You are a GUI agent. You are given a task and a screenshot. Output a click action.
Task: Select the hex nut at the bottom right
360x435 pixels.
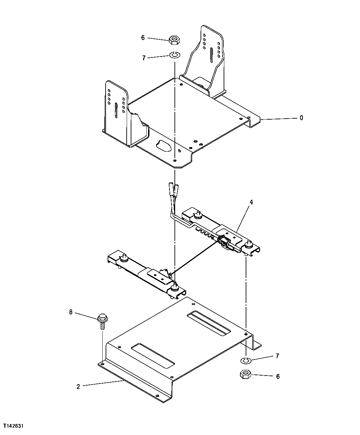tap(245, 374)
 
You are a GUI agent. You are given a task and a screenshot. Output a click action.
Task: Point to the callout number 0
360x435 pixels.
tap(301, 118)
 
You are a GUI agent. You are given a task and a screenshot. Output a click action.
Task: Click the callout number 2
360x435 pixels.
tap(78, 387)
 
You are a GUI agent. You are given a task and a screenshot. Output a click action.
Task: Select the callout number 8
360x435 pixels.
tap(71, 312)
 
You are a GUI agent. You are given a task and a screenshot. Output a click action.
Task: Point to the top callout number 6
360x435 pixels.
tap(143, 38)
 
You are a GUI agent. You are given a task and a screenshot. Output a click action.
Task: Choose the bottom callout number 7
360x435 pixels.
tap(277, 356)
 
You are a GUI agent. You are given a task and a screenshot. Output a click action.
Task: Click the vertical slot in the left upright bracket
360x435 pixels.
tap(115, 110)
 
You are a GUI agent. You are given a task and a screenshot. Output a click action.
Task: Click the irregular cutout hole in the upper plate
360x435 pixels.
tap(163, 146)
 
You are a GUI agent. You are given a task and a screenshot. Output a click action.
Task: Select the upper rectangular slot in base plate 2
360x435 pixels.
tap(209, 323)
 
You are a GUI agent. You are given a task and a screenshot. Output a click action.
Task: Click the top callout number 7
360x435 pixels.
tap(144, 58)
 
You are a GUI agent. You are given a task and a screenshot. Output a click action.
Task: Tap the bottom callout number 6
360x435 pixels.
tap(277, 376)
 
